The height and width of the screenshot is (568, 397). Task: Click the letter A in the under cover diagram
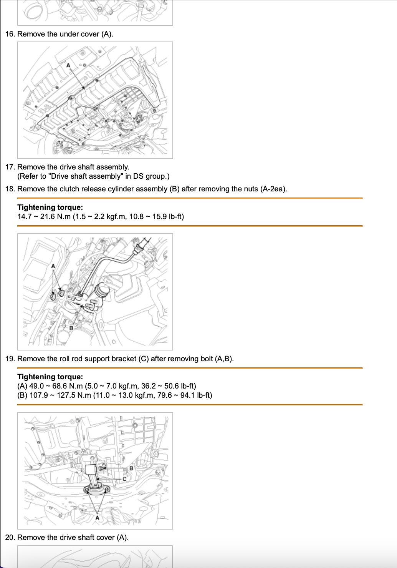click(x=69, y=65)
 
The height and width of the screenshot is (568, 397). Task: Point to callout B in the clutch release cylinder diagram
click(x=71, y=328)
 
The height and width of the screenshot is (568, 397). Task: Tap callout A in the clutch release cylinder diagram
click(x=53, y=266)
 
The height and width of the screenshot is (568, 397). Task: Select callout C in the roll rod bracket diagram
click(x=124, y=479)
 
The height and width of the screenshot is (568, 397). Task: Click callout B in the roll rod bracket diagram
click(x=131, y=468)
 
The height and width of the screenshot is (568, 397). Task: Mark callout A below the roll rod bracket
click(x=97, y=518)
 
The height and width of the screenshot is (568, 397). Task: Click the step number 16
click(x=10, y=34)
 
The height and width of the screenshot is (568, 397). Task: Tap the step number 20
click(x=10, y=537)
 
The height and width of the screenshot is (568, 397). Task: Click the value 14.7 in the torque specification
click(x=24, y=216)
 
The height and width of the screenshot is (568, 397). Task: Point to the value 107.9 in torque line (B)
click(x=38, y=395)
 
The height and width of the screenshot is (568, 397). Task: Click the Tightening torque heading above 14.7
click(x=50, y=207)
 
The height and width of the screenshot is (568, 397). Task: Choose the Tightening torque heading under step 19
click(x=50, y=377)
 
